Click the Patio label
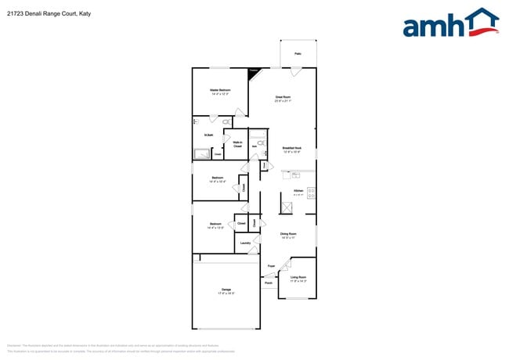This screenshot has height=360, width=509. tap(298, 54)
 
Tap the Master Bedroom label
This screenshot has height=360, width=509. tap(219, 90)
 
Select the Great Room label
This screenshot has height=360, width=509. tap(283, 97)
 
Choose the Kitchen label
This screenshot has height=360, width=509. tap(298, 191)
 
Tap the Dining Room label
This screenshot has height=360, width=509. tap(288, 234)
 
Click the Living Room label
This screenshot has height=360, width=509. tap(298, 277)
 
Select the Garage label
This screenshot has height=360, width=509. tap(226, 290)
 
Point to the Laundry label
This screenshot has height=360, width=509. tap(245, 243)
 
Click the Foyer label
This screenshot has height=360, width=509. tap(271, 266)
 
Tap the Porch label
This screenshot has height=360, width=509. tap(269, 283)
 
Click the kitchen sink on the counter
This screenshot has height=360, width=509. tap(297, 175)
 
